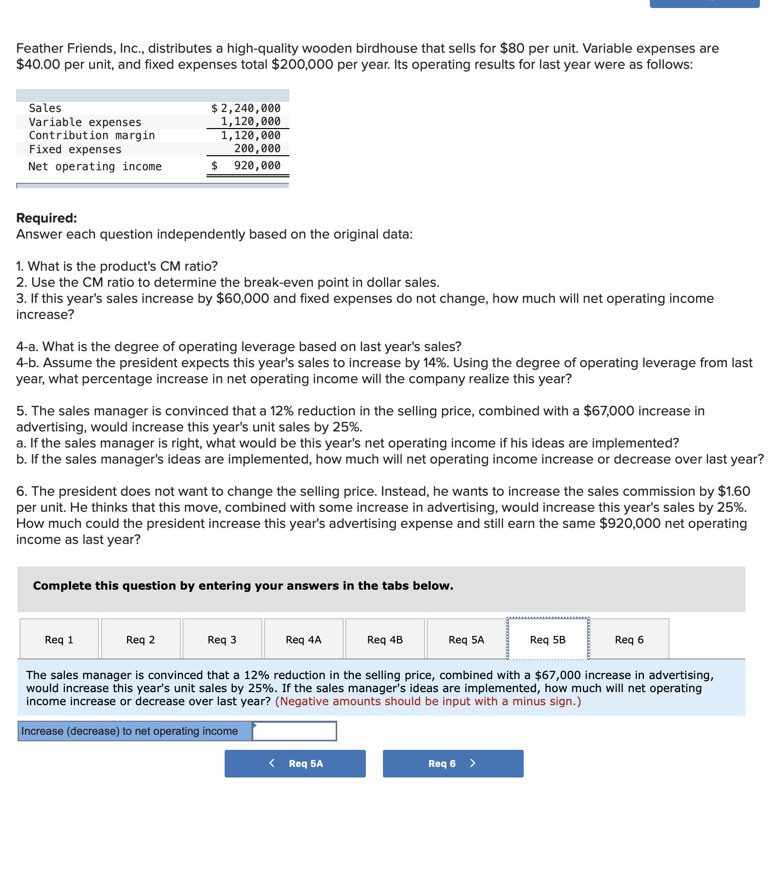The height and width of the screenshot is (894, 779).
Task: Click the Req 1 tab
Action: point(59,639)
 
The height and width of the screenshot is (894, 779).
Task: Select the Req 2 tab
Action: point(141,639)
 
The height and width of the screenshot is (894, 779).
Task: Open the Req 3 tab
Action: point(222,639)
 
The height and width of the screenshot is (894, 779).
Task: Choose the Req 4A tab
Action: point(304,639)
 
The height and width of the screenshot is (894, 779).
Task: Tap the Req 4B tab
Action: point(385,639)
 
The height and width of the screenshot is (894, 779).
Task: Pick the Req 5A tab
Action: point(466,639)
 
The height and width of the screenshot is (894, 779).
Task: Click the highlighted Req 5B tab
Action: point(548,639)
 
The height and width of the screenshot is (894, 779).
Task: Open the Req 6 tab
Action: point(629,639)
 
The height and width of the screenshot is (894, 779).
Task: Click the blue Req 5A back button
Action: point(295,763)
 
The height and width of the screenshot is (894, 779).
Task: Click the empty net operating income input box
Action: point(295,731)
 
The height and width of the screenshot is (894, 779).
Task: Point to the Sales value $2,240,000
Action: point(246,108)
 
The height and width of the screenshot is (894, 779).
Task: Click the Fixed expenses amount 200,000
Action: point(257,149)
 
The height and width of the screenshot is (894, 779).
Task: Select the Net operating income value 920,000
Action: point(257,166)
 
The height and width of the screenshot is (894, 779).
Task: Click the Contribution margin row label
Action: point(92,136)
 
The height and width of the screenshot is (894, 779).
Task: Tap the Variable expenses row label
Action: point(85,122)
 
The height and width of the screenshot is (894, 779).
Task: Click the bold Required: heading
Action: point(47,218)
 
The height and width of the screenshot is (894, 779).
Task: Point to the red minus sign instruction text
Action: point(428,701)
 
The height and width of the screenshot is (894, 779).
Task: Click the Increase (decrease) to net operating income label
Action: point(130,731)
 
